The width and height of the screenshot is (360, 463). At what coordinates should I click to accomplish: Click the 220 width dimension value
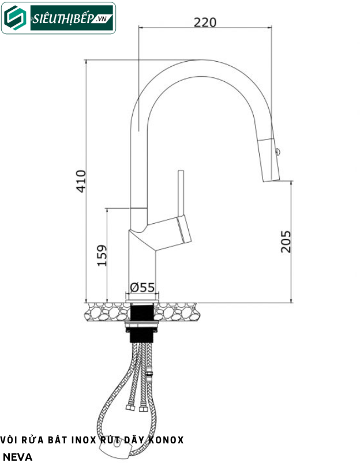click(205, 22)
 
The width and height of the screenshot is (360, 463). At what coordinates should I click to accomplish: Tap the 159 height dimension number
click(102, 255)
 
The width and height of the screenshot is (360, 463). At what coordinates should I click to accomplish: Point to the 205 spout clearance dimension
click(285, 242)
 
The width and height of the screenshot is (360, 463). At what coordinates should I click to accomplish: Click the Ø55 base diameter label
click(142, 287)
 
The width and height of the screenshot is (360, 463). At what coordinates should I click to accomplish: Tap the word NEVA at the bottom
click(17, 457)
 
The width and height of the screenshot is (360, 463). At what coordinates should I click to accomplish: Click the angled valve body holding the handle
click(167, 232)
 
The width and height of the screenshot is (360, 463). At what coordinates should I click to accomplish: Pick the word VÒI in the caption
click(10, 440)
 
